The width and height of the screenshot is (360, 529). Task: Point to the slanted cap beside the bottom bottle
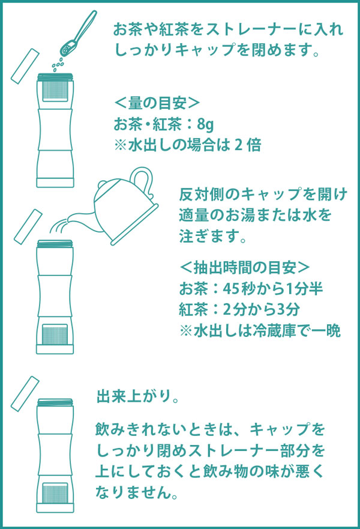(27, 391)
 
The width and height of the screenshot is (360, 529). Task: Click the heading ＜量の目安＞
(157, 103)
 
